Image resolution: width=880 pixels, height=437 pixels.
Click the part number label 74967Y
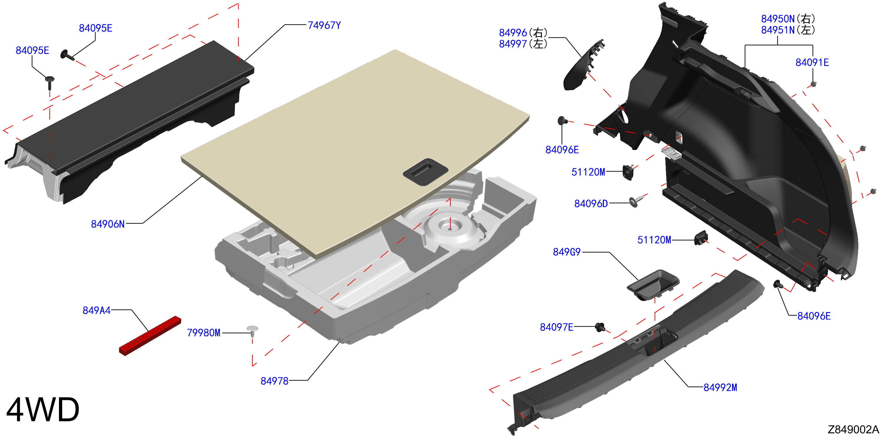click(324, 25)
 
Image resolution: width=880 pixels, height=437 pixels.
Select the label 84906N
click(108, 224)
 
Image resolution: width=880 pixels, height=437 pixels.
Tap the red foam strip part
click(150, 336)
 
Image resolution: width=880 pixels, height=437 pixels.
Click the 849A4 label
click(97, 310)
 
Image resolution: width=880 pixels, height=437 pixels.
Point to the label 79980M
click(204, 332)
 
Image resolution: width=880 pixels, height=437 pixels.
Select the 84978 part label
click(274, 381)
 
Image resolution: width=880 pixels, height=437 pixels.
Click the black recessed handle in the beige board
click(426, 172)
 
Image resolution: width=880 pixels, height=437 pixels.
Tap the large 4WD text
click(43, 409)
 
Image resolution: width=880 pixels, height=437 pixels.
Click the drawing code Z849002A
click(853, 429)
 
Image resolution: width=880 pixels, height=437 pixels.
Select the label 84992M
click(720, 388)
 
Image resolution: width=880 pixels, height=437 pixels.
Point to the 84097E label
click(556, 327)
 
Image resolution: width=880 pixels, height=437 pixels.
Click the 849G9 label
click(567, 252)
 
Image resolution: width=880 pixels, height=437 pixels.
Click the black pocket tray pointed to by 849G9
click(653, 285)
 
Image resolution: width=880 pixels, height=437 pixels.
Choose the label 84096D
click(591, 204)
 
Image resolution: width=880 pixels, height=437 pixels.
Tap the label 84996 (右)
click(523, 33)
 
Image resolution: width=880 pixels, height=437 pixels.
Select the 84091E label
click(812, 62)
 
